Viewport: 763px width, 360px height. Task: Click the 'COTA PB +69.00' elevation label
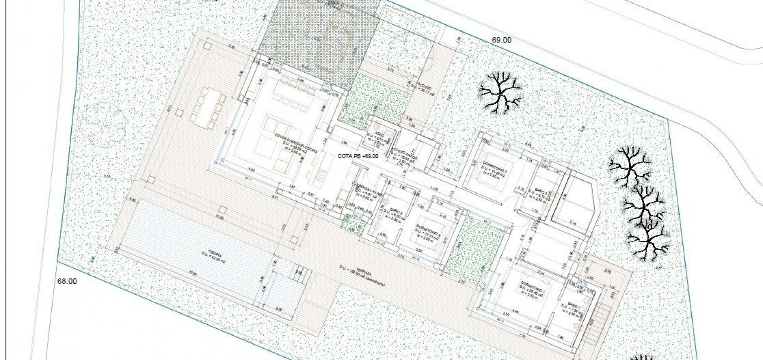(358, 156)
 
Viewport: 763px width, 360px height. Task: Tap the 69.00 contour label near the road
(501, 40)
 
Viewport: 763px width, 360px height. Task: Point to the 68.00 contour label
(67, 281)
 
